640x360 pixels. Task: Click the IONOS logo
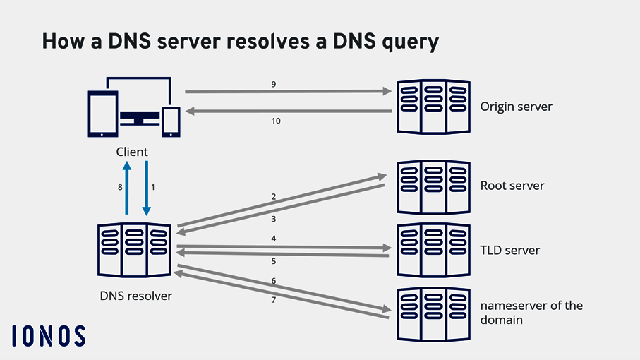(49, 336)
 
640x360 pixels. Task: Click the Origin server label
(516, 107)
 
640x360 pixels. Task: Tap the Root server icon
(433, 186)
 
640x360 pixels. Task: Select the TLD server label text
(510, 250)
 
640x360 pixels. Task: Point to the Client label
(132, 152)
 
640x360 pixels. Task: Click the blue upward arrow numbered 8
(127, 188)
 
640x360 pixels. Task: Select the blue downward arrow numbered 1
(146, 188)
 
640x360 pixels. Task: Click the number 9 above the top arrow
(273, 84)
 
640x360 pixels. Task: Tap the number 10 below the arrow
(276, 121)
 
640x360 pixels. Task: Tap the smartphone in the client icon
(171, 121)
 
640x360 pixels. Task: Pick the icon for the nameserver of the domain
(433, 313)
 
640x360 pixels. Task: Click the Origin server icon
(433, 107)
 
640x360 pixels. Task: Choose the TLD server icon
(433, 249)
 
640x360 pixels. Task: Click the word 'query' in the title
(404, 42)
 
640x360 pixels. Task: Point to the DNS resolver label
(135, 296)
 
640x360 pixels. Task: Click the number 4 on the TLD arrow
(273, 239)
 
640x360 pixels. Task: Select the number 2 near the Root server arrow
(273, 196)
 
